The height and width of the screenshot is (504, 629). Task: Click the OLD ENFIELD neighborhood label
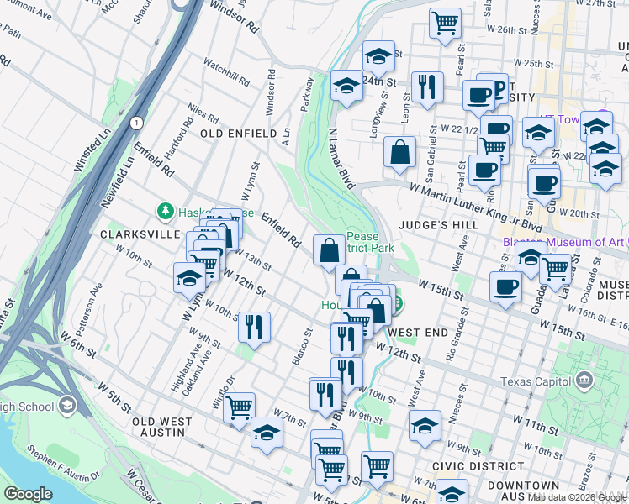[x=238, y=134]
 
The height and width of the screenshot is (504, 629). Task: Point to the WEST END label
[x=419, y=333]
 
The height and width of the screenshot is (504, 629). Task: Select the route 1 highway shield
[x=135, y=123]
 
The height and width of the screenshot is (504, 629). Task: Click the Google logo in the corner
[x=28, y=494]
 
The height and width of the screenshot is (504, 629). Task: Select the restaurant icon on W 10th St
[x=253, y=326]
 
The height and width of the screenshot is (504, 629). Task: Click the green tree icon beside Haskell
[x=166, y=212]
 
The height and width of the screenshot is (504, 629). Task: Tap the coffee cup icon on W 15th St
[x=505, y=286]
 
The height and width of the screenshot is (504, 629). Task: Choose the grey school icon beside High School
[x=66, y=407]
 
